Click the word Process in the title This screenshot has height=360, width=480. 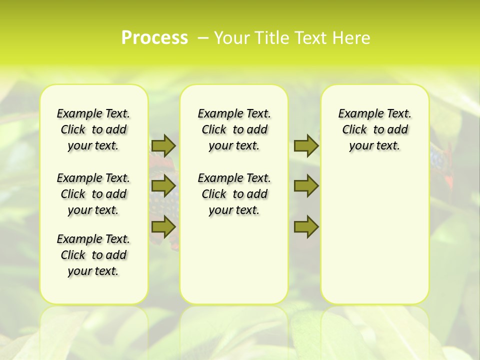pos(154,38)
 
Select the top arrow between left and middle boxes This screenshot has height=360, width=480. pos(163,145)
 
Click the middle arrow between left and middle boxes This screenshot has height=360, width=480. pos(163,186)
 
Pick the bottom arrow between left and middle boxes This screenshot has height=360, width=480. pos(163,226)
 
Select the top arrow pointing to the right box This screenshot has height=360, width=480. pos(306,145)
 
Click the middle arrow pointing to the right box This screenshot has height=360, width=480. pos(306,186)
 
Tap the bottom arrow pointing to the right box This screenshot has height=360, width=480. pos(306,226)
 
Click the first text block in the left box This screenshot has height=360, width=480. pos(93,129)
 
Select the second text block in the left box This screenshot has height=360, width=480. pos(93,194)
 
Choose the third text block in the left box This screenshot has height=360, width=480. pos(93,255)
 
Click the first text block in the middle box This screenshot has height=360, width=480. pos(234,129)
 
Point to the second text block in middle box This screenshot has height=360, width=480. pos(234,194)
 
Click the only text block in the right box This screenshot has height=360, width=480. pos(375,129)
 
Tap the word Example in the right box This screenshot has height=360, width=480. pos(355,114)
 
